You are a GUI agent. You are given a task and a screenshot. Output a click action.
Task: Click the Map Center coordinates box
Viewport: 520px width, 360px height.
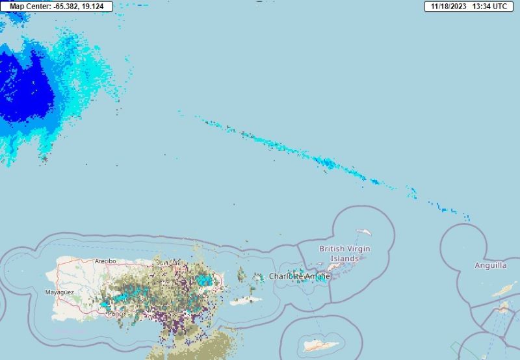[57, 6]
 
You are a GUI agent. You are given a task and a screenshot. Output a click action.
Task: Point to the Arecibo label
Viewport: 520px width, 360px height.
[105, 261]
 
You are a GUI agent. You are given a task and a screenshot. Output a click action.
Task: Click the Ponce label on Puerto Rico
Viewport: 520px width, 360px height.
[116, 314]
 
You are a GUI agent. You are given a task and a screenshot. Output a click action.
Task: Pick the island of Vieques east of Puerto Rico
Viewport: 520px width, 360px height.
[246, 301]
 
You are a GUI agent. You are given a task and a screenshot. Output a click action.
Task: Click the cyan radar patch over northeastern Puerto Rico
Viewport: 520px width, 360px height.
[205, 280]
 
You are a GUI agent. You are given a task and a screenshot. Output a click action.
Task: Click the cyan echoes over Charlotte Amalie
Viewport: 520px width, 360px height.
[300, 275]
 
